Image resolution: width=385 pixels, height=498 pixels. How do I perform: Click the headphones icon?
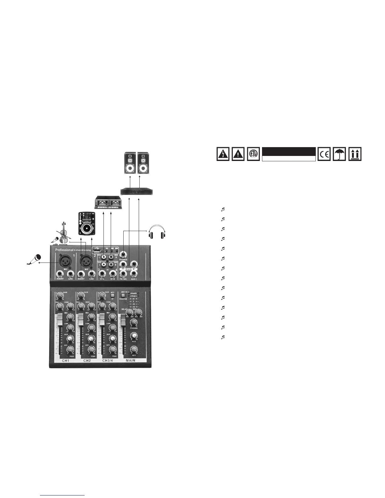157,233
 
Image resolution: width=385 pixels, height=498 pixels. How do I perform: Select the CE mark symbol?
324,154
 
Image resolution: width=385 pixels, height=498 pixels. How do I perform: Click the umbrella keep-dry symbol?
340,154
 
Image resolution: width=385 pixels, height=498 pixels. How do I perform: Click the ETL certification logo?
254,154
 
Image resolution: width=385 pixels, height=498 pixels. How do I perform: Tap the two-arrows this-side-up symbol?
355,154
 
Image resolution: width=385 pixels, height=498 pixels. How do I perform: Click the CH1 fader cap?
59,319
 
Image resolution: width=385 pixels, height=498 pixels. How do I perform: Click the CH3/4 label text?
108,361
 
